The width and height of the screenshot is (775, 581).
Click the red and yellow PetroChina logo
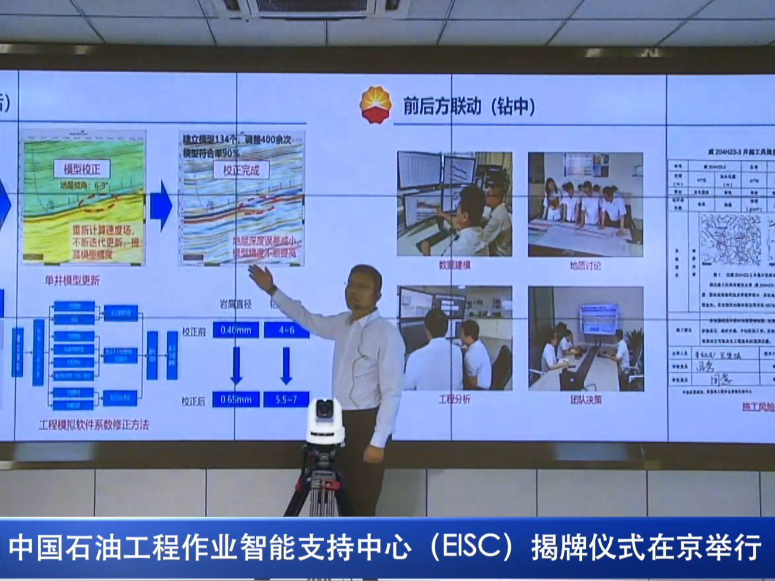click(x=375, y=105)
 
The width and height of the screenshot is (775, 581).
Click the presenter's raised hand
click(x=261, y=277)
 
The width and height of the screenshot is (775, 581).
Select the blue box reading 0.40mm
click(x=236, y=330)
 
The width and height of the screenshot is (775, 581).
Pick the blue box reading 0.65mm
click(x=236, y=400)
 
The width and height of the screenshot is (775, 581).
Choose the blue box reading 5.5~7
click(x=286, y=400)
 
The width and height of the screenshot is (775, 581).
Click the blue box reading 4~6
click(x=286, y=330)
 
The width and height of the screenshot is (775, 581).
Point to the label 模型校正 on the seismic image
click(x=82, y=169)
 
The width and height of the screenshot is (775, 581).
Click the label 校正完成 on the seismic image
click(x=241, y=170)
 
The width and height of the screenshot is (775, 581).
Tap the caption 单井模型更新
click(x=72, y=280)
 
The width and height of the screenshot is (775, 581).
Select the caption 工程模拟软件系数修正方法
click(x=94, y=425)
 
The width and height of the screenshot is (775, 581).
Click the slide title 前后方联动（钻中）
click(x=469, y=106)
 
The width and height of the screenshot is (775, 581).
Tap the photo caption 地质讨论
click(x=585, y=266)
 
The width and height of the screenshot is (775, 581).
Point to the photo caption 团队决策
click(x=585, y=400)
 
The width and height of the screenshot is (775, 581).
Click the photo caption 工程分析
click(x=454, y=400)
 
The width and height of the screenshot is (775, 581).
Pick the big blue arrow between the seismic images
click(x=160, y=205)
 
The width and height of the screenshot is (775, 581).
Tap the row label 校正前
click(x=193, y=331)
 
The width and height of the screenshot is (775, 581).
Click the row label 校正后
click(x=193, y=401)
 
